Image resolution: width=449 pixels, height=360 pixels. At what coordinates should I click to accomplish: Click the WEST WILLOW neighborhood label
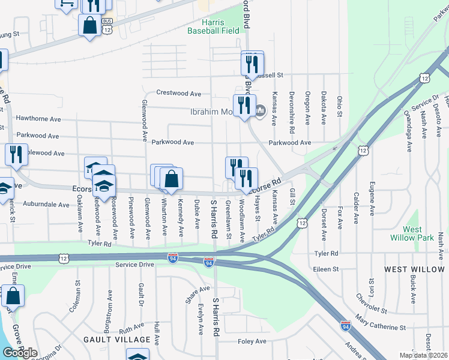click(x=415, y=269)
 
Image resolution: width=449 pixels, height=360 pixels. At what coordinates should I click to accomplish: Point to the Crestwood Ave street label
click(x=179, y=94)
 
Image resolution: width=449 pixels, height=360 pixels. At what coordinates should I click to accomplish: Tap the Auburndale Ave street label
click(x=47, y=205)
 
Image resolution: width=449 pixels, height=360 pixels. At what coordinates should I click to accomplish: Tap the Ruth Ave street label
click(x=131, y=329)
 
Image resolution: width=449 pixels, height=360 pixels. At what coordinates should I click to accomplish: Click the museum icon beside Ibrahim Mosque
click(x=260, y=110)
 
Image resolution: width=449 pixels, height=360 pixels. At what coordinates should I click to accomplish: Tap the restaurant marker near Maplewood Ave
click(x=16, y=155)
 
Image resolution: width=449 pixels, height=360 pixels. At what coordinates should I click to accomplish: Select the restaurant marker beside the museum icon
click(x=244, y=105)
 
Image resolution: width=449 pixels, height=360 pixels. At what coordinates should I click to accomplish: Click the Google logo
click(x=20, y=353)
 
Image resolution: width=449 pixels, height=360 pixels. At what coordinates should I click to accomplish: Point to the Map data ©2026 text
click(x=423, y=355)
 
